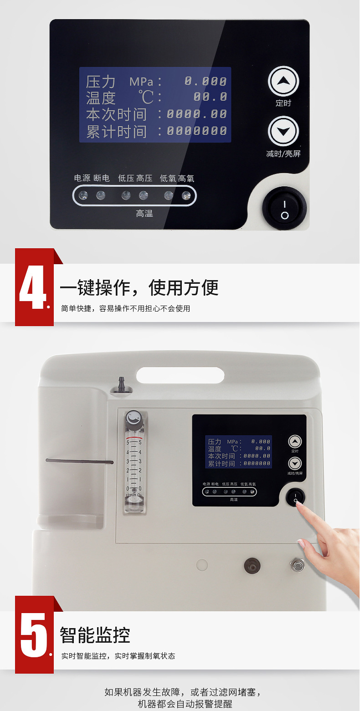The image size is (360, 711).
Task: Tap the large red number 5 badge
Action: [34, 635]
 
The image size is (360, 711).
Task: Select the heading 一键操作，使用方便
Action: [139, 288]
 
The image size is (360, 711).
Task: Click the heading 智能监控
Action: [95, 635]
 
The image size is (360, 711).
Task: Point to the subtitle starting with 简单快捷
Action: [125, 309]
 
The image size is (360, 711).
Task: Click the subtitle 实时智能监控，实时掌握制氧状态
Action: [118, 656]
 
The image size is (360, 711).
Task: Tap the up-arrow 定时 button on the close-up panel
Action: [283, 82]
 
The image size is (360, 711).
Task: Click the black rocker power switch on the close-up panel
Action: [284, 208]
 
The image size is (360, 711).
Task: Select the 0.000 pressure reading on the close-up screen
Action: [206, 82]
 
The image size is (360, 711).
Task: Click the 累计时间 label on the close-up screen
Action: [116, 132]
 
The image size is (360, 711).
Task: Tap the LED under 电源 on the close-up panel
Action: [83, 195]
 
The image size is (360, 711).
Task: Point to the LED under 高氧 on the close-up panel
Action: [186, 195]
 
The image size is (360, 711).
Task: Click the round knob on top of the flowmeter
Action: [134, 417]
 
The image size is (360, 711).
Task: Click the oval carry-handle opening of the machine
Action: [180, 375]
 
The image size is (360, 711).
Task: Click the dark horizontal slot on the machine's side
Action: [79, 461]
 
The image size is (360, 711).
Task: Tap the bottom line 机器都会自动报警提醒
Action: [185, 704]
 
